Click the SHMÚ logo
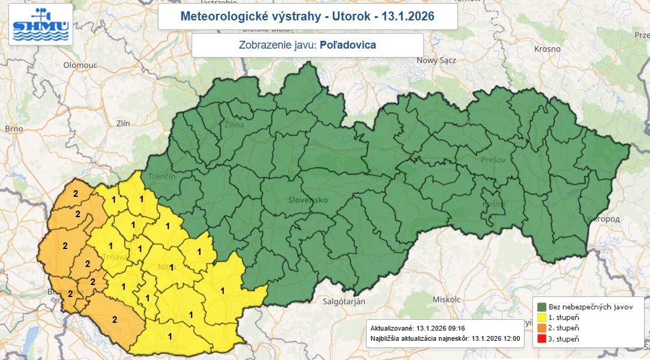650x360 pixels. tap(40, 25)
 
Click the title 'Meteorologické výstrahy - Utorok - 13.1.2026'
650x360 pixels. tap(307, 16)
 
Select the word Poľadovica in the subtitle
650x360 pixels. tap(348, 45)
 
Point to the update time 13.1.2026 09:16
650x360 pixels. tap(441, 328)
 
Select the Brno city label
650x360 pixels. tap(13, 128)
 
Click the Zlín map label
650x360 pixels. tap(123, 123)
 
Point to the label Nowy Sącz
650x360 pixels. tap(436, 61)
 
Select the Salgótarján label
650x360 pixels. tap(345, 301)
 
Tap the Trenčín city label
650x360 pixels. tap(163, 176)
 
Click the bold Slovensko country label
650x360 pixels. tap(308, 200)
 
